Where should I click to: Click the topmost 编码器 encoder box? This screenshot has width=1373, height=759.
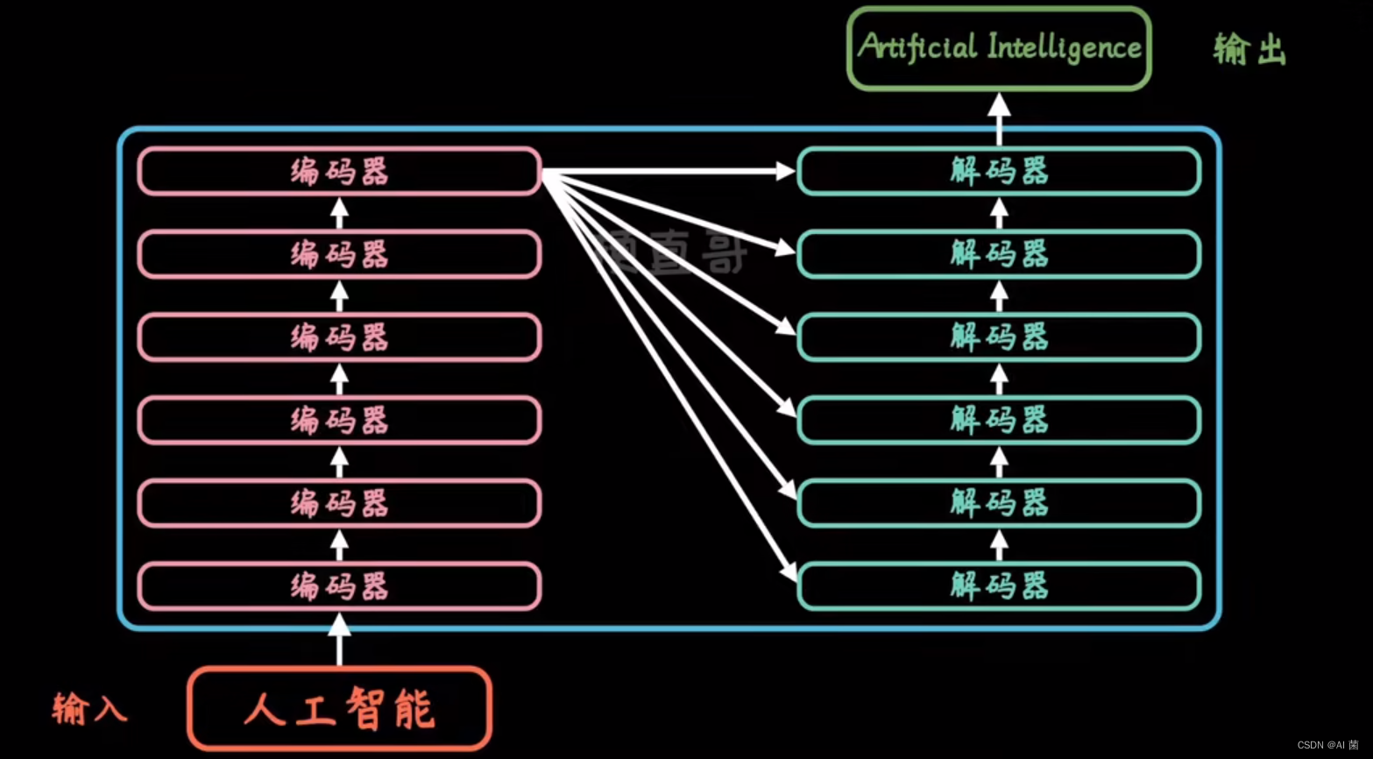(339, 171)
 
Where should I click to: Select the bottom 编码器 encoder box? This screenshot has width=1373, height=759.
(339, 586)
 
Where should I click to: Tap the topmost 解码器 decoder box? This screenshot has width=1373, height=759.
(999, 171)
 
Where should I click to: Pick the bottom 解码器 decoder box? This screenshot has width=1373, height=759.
(999, 586)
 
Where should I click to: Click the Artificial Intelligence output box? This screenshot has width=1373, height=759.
(999, 48)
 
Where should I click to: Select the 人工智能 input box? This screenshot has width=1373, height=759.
(339, 709)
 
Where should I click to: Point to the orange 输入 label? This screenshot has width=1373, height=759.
(88, 708)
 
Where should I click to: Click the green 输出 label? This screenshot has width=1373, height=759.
(1249, 49)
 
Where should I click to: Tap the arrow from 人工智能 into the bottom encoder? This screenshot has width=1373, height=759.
(339, 640)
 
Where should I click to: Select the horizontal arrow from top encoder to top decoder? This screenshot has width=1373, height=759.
(666, 171)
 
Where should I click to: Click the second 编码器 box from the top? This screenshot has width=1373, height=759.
(339, 254)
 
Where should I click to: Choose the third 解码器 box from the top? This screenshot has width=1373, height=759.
(999, 337)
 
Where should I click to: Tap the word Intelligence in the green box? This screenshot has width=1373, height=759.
(1064, 47)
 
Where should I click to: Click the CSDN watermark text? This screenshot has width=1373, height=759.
(1327, 745)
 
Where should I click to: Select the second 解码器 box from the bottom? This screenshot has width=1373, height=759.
(999, 503)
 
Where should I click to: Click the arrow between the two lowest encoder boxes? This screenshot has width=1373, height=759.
(339, 544)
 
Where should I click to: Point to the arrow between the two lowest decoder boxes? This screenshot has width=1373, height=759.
(999, 544)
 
